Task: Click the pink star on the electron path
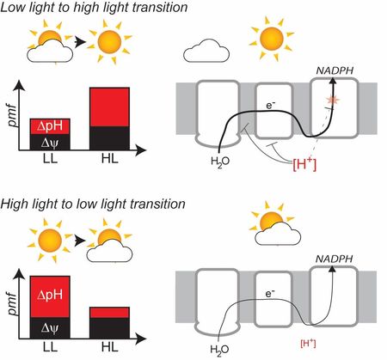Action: pyautogui.click(x=333, y=100)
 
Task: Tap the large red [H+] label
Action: pyautogui.click(x=304, y=164)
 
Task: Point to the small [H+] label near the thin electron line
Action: pyautogui.click(x=308, y=343)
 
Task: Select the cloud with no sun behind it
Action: pyautogui.click(x=206, y=51)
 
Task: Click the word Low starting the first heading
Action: pyautogui.click(x=10, y=7)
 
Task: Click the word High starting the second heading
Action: pyautogui.click(x=13, y=204)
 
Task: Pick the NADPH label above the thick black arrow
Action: pyautogui.click(x=335, y=70)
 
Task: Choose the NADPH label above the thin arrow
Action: pyautogui.click(x=334, y=259)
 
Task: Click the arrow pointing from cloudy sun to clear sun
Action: pyautogui.click(x=80, y=42)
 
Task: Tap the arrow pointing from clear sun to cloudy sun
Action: pyautogui.click(x=80, y=240)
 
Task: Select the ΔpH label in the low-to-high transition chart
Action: pyautogui.click(x=50, y=125)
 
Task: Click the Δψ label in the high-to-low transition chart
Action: pyautogui.click(x=50, y=328)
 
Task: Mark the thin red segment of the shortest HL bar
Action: pyautogui.click(x=109, y=313)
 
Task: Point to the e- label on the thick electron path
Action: pyautogui.click(x=271, y=106)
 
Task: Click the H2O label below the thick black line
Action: pyautogui.click(x=220, y=162)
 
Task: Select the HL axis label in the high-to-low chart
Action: pyautogui.click(x=110, y=347)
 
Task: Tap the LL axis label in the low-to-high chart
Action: pyautogui.click(x=50, y=158)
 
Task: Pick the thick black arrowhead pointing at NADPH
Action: pyautogui.click(x=333, y=81)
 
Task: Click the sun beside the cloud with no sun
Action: pyautogui.click(x=271, y=39)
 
